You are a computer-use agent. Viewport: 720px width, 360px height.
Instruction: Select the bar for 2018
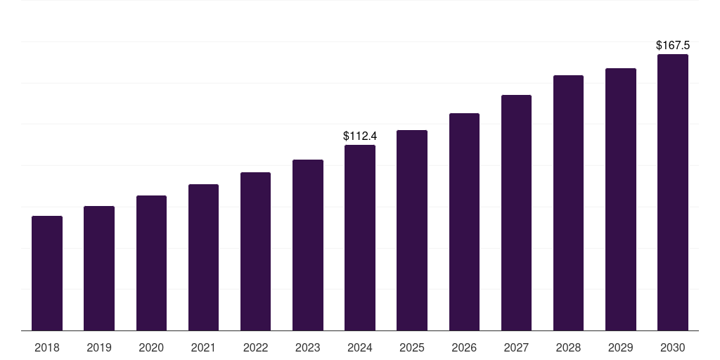point(47,274)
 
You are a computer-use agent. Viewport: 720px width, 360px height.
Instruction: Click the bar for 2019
point(99,268)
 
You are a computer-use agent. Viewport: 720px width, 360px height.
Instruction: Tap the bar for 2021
point(203,257)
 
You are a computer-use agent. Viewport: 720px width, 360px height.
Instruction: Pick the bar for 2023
point(308,245)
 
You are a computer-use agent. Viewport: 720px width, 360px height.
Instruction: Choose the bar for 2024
point(360,238)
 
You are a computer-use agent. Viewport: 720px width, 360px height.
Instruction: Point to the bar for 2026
point(464,221)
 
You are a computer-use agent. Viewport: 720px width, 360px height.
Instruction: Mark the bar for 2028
point(568,203)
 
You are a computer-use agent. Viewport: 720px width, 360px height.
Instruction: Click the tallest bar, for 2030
point(673,193)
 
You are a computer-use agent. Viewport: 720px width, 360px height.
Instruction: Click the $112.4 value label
point(360,136)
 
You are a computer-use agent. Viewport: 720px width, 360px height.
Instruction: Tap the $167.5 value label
point(673,45)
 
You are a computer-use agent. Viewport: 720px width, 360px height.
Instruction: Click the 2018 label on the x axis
point(47,347)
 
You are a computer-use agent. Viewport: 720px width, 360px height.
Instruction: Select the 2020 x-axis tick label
point(151,347)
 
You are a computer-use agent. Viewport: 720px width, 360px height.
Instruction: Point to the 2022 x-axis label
point(255,347)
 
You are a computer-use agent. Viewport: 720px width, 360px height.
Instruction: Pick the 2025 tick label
point(412,347)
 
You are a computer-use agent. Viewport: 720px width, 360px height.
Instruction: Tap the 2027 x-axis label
point(516,347)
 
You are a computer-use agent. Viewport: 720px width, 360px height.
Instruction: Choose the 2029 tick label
point(620,347)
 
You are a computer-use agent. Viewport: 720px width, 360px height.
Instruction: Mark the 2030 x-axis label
point(673,347)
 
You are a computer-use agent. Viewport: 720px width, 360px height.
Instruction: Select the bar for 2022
point(255,252)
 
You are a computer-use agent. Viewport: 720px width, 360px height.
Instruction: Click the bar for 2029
point(621,199)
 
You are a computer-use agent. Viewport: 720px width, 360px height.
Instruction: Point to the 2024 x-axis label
point(360,347)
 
